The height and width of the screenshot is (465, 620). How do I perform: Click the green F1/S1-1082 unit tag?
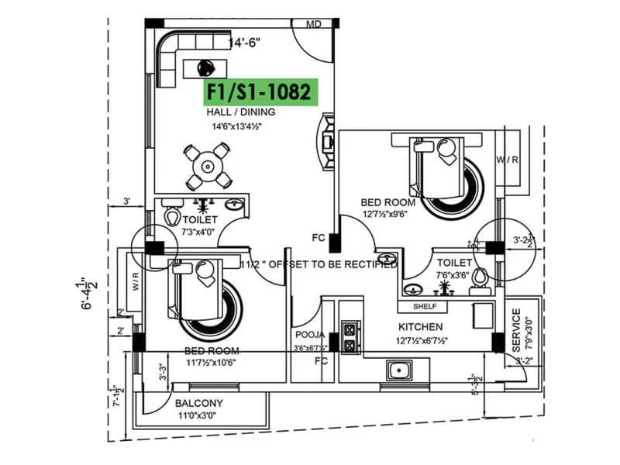tap(260, 92)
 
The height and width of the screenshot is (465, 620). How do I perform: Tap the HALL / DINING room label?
tap(240, 112)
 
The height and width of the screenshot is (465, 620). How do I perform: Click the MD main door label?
tap(314, 25)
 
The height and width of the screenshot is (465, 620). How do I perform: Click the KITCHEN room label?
tap(420, 327)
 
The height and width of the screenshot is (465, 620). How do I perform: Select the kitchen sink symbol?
tap(399, 372)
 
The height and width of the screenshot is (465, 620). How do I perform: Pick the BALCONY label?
tap(198, 403)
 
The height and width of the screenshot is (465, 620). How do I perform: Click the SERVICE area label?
tap(517, 329)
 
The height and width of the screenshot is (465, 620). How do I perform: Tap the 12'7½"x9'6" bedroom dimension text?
tap(388, 214)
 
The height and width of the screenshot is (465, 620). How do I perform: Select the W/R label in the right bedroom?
tap(508, 160)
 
